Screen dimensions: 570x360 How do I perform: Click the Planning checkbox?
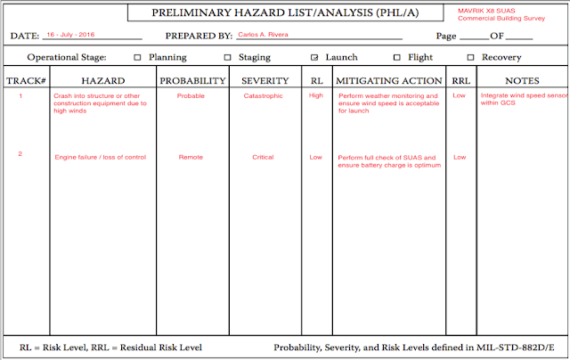pos(137,57)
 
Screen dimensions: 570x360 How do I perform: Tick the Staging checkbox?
pos(228,57)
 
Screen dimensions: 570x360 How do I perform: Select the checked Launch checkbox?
pos(314,57)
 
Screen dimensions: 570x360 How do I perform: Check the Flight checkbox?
pos(397,57)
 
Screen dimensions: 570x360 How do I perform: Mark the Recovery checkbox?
pos(470,57)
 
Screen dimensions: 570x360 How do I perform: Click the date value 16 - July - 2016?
pos(69,34)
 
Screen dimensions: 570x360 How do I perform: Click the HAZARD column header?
pos(102,80)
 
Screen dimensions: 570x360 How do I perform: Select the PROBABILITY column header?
pos(192,80)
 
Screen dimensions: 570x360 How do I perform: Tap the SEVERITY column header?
pos(265,80)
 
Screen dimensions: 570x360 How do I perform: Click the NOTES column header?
pos(521,80)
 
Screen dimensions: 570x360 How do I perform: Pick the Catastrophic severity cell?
pos(265,95)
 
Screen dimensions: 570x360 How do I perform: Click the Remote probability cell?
pos(191,157)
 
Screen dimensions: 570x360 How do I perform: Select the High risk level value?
pos(316,95)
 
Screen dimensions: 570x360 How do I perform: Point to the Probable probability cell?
pos(191,95)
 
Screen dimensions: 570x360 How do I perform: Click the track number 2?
pos(20,153)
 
